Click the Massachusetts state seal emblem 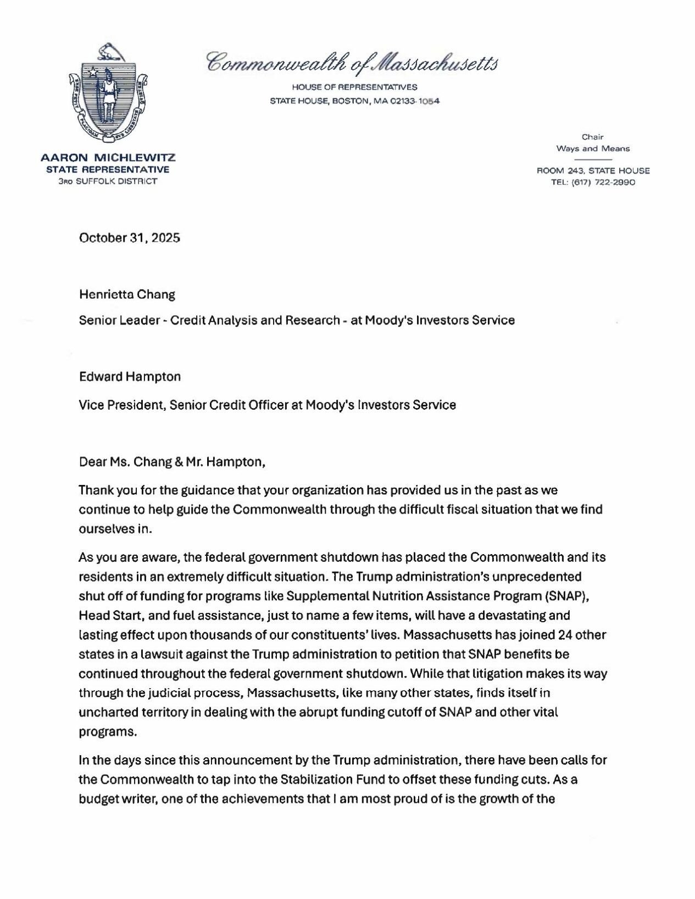(108, 93)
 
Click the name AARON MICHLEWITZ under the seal (108, 158)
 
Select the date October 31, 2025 (130, 238)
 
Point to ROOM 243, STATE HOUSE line (593, 171)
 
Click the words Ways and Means (593, 148)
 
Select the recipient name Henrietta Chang (127, 294)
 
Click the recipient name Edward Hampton (130, 377)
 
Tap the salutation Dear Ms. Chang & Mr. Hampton (172, 462)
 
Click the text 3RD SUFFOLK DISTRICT (108, 181)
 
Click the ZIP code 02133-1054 (414, 101)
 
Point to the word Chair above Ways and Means (593, 137)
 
